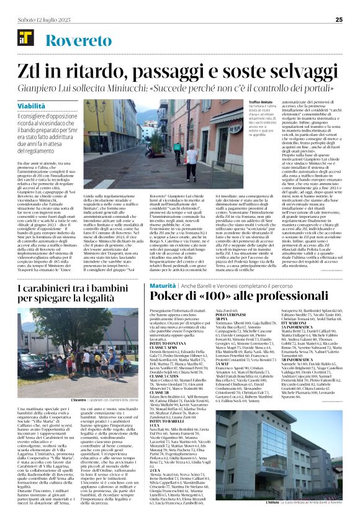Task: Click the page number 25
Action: [x=348, y=19]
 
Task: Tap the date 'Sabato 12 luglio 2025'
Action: [x=38, y=19]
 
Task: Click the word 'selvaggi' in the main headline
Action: [x=305, y=70]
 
